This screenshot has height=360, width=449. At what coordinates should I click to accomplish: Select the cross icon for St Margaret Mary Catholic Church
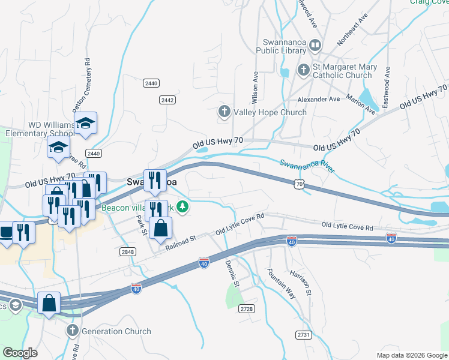coord(303,71)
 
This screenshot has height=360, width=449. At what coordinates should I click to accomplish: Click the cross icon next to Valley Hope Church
coord(224,112)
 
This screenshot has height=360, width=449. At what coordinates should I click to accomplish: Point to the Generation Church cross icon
coord(73,331)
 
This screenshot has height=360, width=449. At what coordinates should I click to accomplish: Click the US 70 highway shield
coord(298,185)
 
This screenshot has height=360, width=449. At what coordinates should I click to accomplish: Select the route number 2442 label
coord(167,100)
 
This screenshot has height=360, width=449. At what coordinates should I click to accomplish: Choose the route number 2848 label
coord(127,251)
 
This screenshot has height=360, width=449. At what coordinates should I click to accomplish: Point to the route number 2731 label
coord(304,334)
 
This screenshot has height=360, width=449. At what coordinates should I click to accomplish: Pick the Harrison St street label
coord(300,283)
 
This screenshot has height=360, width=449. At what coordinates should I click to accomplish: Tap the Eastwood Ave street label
coord(387,87)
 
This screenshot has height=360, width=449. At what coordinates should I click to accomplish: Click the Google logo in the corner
coord(20,352)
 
